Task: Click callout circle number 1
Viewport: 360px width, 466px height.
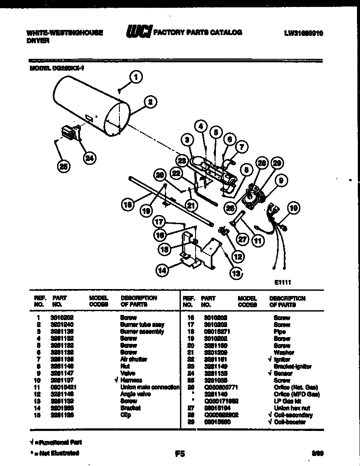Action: coord(136,78)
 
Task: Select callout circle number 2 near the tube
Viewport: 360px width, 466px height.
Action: coord(150,102)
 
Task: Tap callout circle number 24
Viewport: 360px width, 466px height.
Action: coord(89,158)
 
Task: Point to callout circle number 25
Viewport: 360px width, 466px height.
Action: coord(64,167)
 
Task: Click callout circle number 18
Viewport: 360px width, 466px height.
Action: coord(127,205)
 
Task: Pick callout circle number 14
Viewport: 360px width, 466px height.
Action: coord(163,271)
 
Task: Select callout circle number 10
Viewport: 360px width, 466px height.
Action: coord(293,209)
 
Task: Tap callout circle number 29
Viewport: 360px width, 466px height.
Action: coord(277,163)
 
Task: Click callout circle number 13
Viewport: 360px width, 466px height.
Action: coord(235,273)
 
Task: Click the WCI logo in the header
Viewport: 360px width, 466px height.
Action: coord(138,32)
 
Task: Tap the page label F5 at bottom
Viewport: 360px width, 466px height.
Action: coord(180,454)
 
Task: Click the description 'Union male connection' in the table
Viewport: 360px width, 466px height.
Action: coord(150,387)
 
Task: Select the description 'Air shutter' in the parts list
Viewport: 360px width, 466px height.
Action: coord(134,360)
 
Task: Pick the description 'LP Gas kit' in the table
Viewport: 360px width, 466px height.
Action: coord(285,401)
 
